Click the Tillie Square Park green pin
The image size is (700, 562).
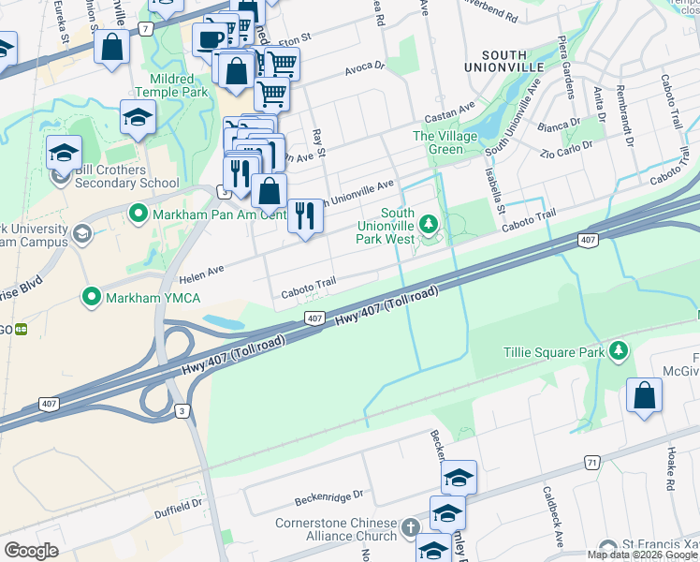coord(618,351)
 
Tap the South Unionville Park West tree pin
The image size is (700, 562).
coord(429,224)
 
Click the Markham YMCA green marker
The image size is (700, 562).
coord(92,298)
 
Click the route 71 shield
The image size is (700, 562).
coord(591,463)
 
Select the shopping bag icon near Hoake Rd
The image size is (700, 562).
coord(645,394)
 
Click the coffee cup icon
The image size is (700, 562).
coord(209,40)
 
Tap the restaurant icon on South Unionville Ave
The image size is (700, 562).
coord(304,214)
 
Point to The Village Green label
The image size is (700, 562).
coord(445,142)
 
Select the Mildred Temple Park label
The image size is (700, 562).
coord(171,86)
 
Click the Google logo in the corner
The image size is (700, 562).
coord(31,551)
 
